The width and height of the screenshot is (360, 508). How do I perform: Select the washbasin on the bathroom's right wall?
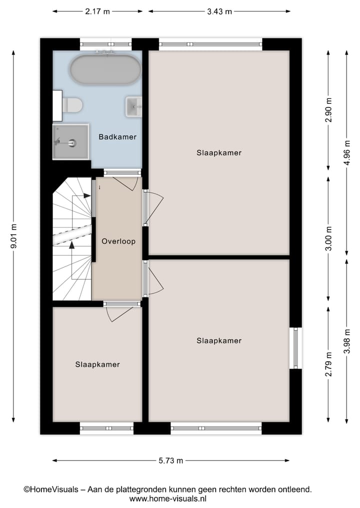(134, 106)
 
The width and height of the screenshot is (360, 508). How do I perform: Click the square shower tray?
(70, 142)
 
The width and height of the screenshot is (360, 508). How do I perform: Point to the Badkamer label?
(117, 137)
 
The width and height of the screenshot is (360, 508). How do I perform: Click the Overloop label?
(118, 241)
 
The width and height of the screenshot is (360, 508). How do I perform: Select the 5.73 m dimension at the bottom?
(170, 461)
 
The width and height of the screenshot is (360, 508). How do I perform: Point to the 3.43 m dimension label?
(219, 11)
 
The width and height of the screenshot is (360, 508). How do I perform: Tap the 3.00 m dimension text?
(328, 240)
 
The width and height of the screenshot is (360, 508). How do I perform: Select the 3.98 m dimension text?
(347, 340)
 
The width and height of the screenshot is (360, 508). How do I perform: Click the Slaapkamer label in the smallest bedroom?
(97, 365)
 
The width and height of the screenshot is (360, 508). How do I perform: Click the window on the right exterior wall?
(296, 348)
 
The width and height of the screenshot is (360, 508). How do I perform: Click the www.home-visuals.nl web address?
(168, 499)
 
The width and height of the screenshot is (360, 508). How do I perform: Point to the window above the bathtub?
(105, 44)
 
